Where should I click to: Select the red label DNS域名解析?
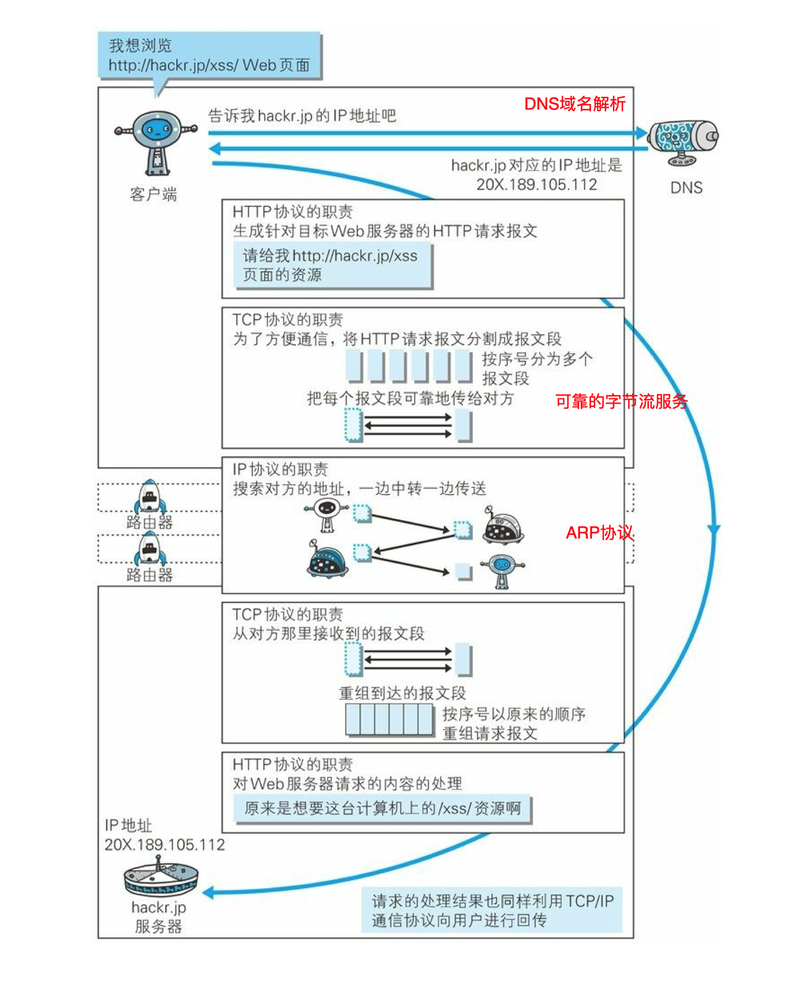pyautogui.click(x=574, y=104)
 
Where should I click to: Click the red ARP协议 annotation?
pyautogui.click(x=599, y=532)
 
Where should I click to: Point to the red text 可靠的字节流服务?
pyautogui.click(x=621, y=401)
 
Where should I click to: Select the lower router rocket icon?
pyautogui.click(x=149, y=548)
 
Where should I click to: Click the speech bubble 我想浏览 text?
pyautogui.click(x=140, y=45)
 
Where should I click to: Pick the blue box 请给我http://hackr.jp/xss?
pyautogui.click(x=332, y=265)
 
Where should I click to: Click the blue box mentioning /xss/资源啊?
pyautogui.click(x=382, y=808)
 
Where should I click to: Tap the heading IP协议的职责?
pyautogui.click(x=280, y=469)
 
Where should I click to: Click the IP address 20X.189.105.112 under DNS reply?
pyautogui.click(x=536, y=184)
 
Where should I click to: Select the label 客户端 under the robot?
pyautogui.click(x=153, y=194)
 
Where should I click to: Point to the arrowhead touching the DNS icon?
pyautogui.click(x=641, y=132)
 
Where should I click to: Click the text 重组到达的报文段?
pyautogui.click(x=402, y=693)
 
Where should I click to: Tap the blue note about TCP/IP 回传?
pyautogui.click(x=491, y=910)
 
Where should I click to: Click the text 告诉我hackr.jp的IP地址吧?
pyautogui.click(x=302, y=115)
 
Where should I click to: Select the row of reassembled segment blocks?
pyautogui.click(x=390, y=719)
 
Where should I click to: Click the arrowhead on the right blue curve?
pyautogui.click(x=714, y=529)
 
